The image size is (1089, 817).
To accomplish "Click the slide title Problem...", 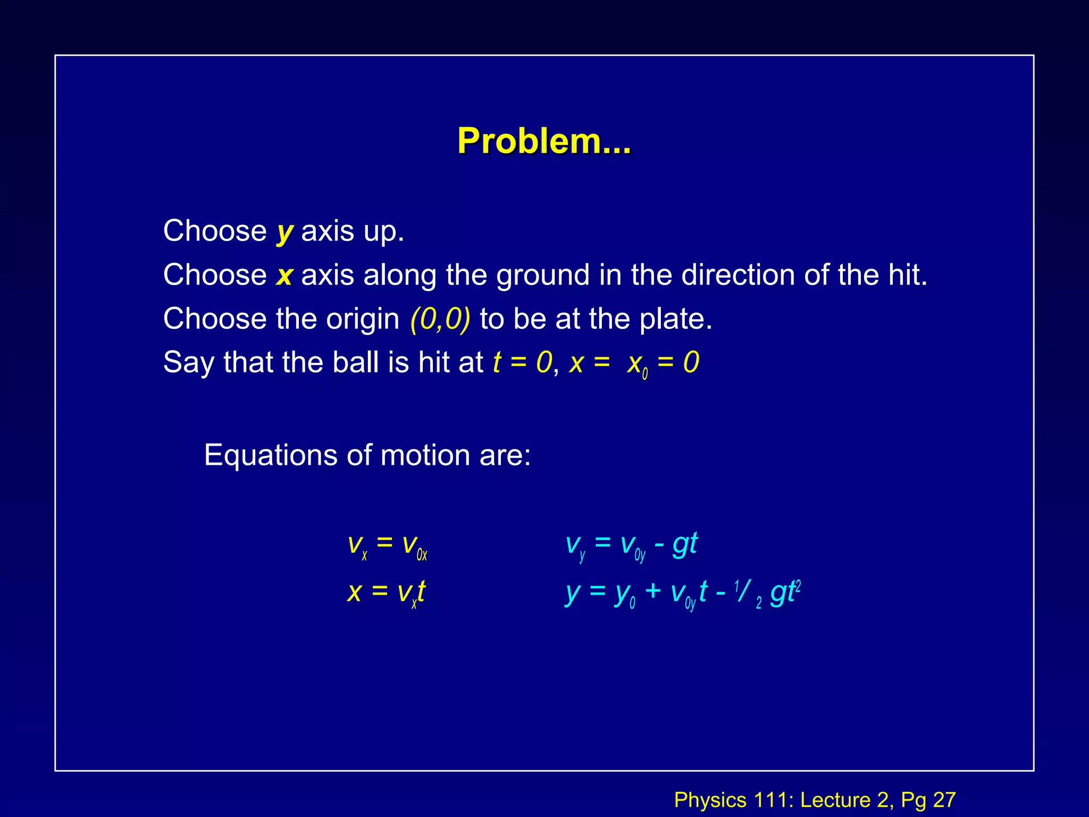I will [544, 141].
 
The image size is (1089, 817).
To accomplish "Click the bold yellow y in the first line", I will [284, 232].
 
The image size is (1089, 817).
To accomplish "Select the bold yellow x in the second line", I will [284, 276].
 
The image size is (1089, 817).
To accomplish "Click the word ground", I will [542, 276].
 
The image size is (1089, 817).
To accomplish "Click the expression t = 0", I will [522, 363].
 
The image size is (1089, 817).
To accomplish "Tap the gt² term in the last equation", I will [785, 591].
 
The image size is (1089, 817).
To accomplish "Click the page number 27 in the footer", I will [944, 800].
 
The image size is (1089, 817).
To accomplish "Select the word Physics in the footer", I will [710, 800].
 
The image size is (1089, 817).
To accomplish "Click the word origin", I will [362, 319].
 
